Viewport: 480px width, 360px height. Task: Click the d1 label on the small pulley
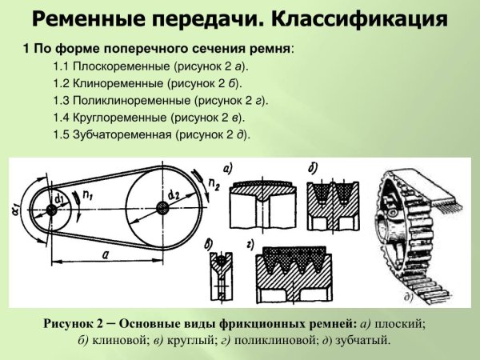click(59, 198)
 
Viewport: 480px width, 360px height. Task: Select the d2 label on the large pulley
click(173, 194)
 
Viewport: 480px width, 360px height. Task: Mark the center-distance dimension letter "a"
click(106, 254)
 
